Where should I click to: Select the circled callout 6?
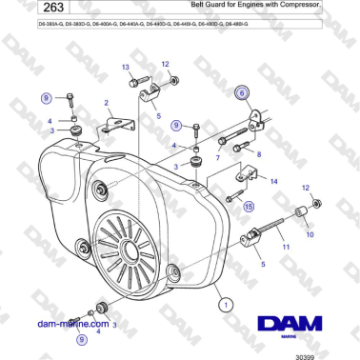pyautogui.click(x=242, y=92)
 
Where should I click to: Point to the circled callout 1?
pyautogui.click(x=226, y=305)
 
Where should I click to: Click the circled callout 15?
pyautogui.click(x=249, y=205)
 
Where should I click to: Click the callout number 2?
pyautogui.click(x=106, y=103)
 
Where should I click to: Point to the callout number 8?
pyautogui.click(x=258, y=152)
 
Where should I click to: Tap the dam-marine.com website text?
pyautogui.click(x=70, y=324)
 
